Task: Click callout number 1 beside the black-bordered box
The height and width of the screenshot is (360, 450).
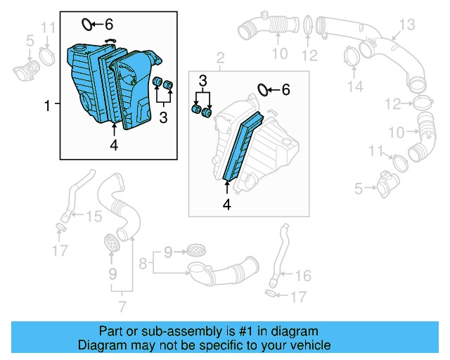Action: [x=48, y=106]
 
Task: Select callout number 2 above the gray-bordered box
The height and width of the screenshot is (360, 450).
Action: [x=220, y=57]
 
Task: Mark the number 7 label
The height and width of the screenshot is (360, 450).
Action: [x=122, y=307]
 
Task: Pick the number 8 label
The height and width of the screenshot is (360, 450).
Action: [x=143, y=264]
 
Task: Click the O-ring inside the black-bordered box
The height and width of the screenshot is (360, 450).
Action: [x=87, y=25]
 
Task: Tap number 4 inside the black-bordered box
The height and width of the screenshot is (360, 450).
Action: [x=114, y=146]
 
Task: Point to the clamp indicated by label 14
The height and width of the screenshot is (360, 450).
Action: [x=350, y=55]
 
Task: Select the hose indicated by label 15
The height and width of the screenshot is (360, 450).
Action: [x=70, y=198]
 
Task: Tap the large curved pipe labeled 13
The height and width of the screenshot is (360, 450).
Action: [x=394, y=60]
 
